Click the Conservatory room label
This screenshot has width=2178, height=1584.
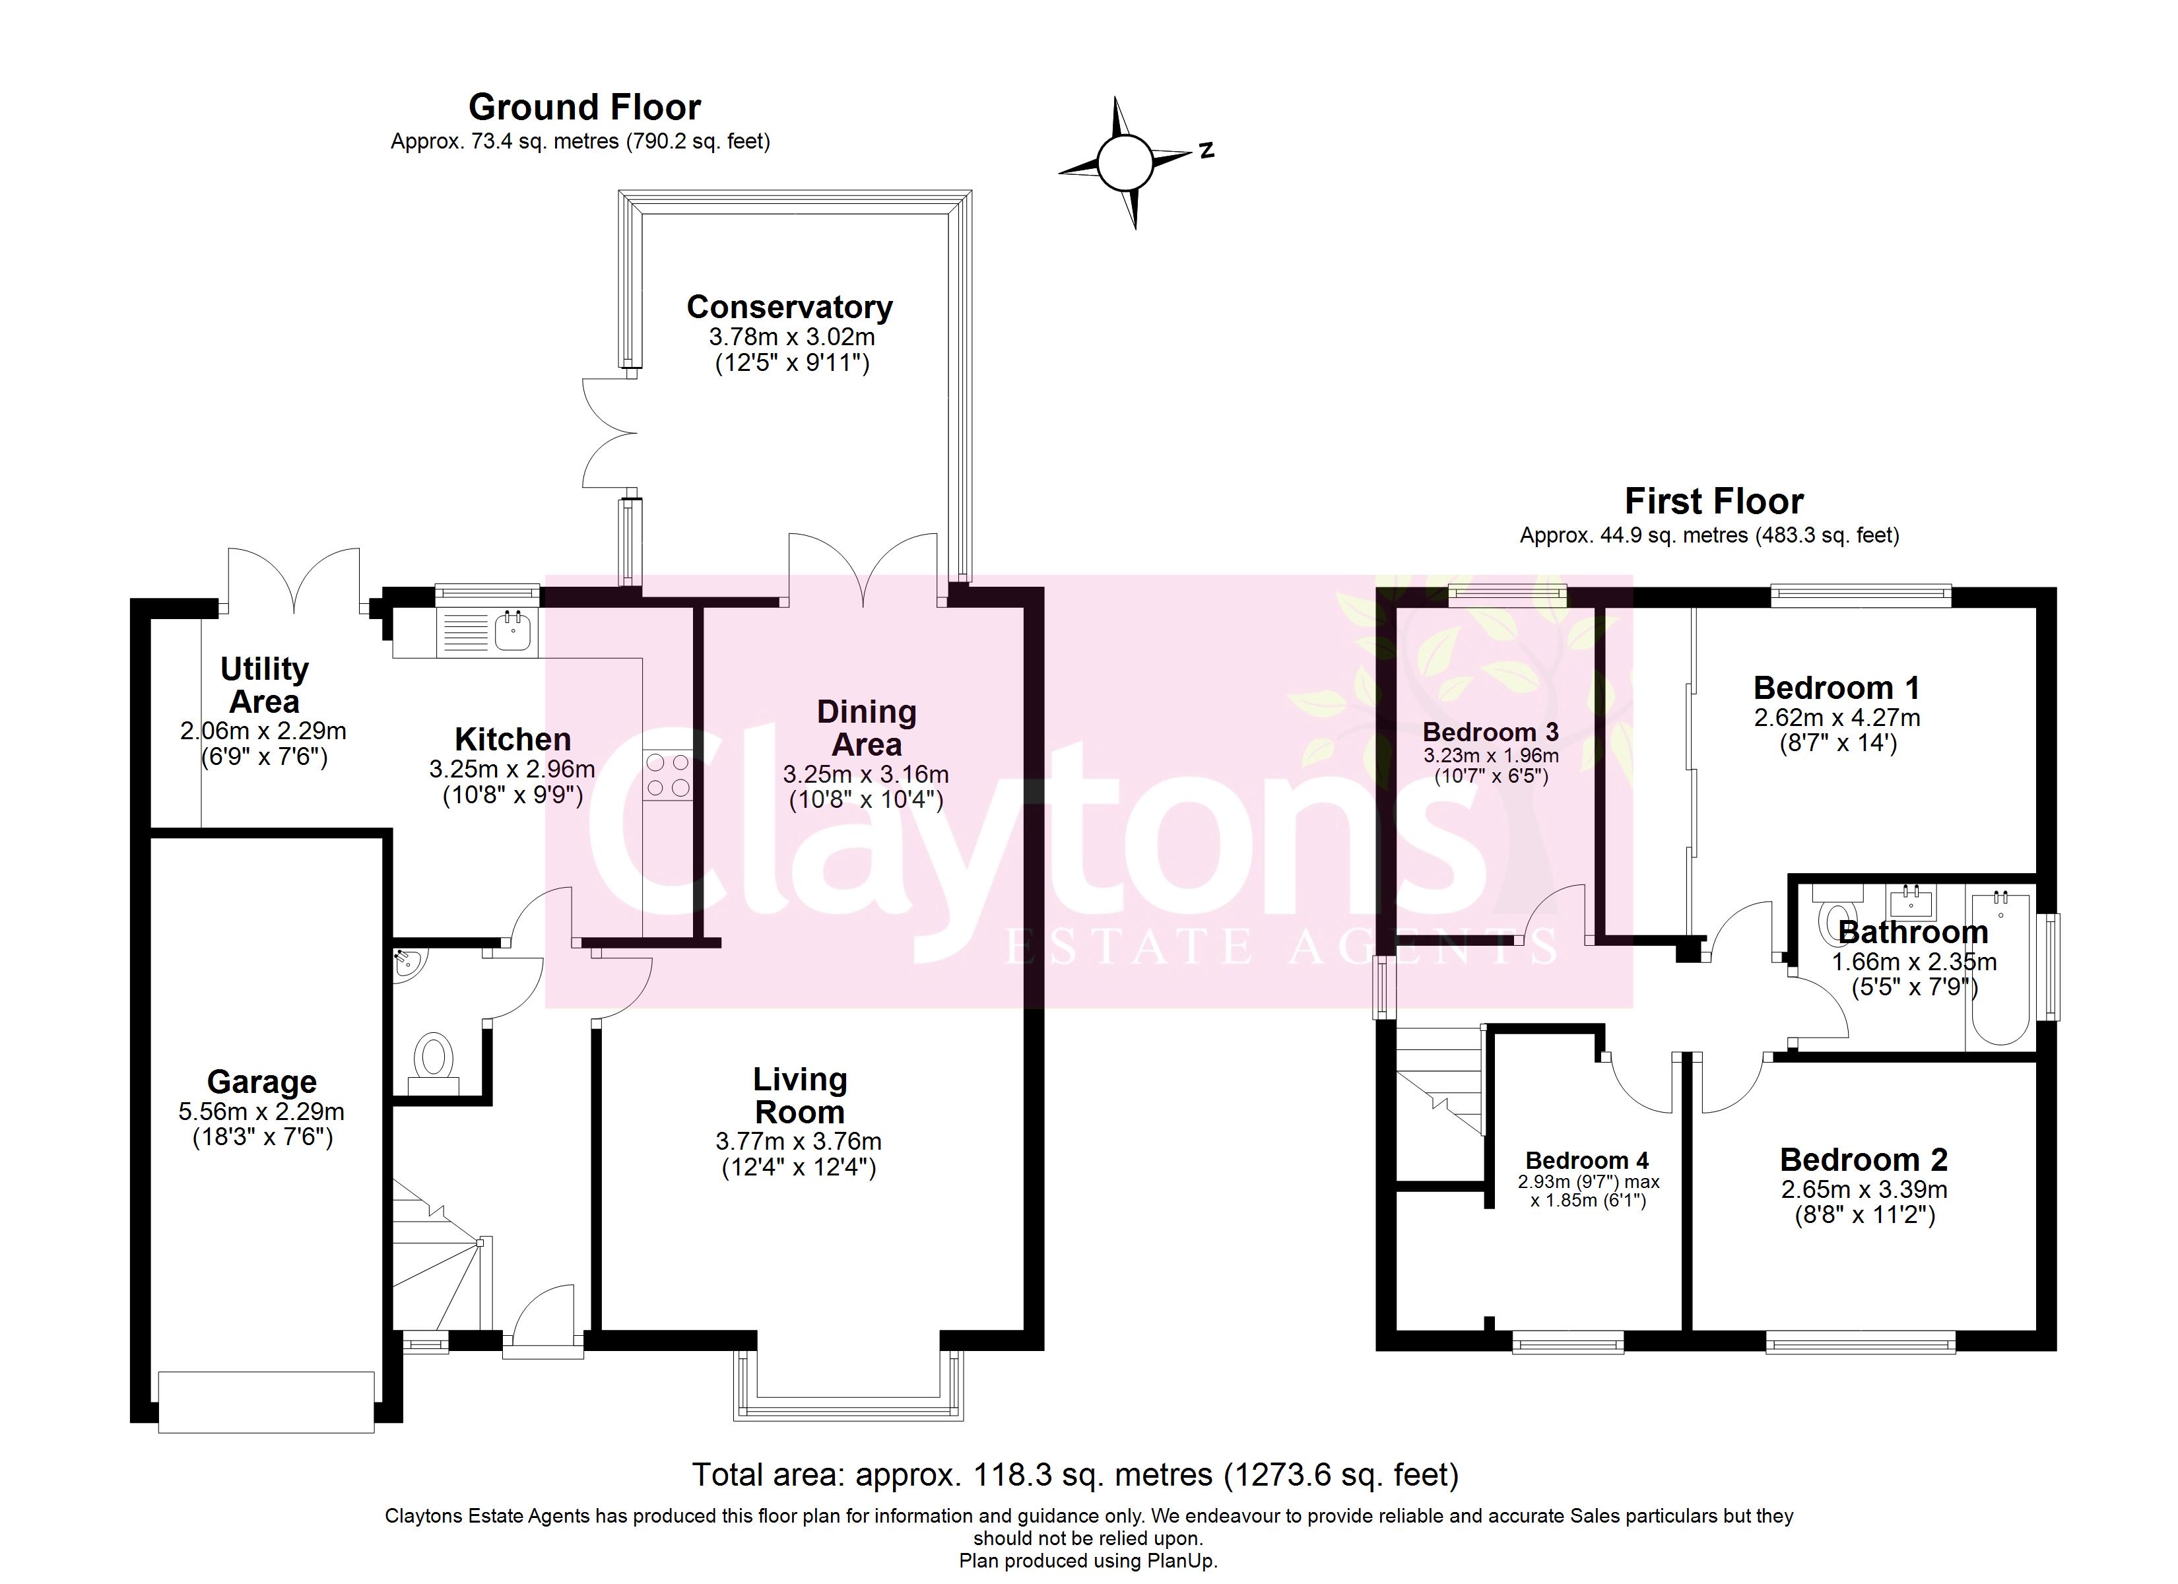click(x=789, y=308)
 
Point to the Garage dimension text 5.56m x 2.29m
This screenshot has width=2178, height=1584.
click(x=261, y=1112)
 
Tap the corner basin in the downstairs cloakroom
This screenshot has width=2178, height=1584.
click(x=405, y=962)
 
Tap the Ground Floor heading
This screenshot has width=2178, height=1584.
click(x=584, y=107)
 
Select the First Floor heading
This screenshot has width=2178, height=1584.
click(x=1713, y=502)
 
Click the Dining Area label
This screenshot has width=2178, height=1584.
click(x=866, y=728)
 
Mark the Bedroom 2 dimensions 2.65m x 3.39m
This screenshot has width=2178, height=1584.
click(x=1864, y=1189)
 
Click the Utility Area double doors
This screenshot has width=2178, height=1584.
click(x=294, y=581)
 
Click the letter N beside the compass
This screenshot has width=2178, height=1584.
click(x=1207, y=150)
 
